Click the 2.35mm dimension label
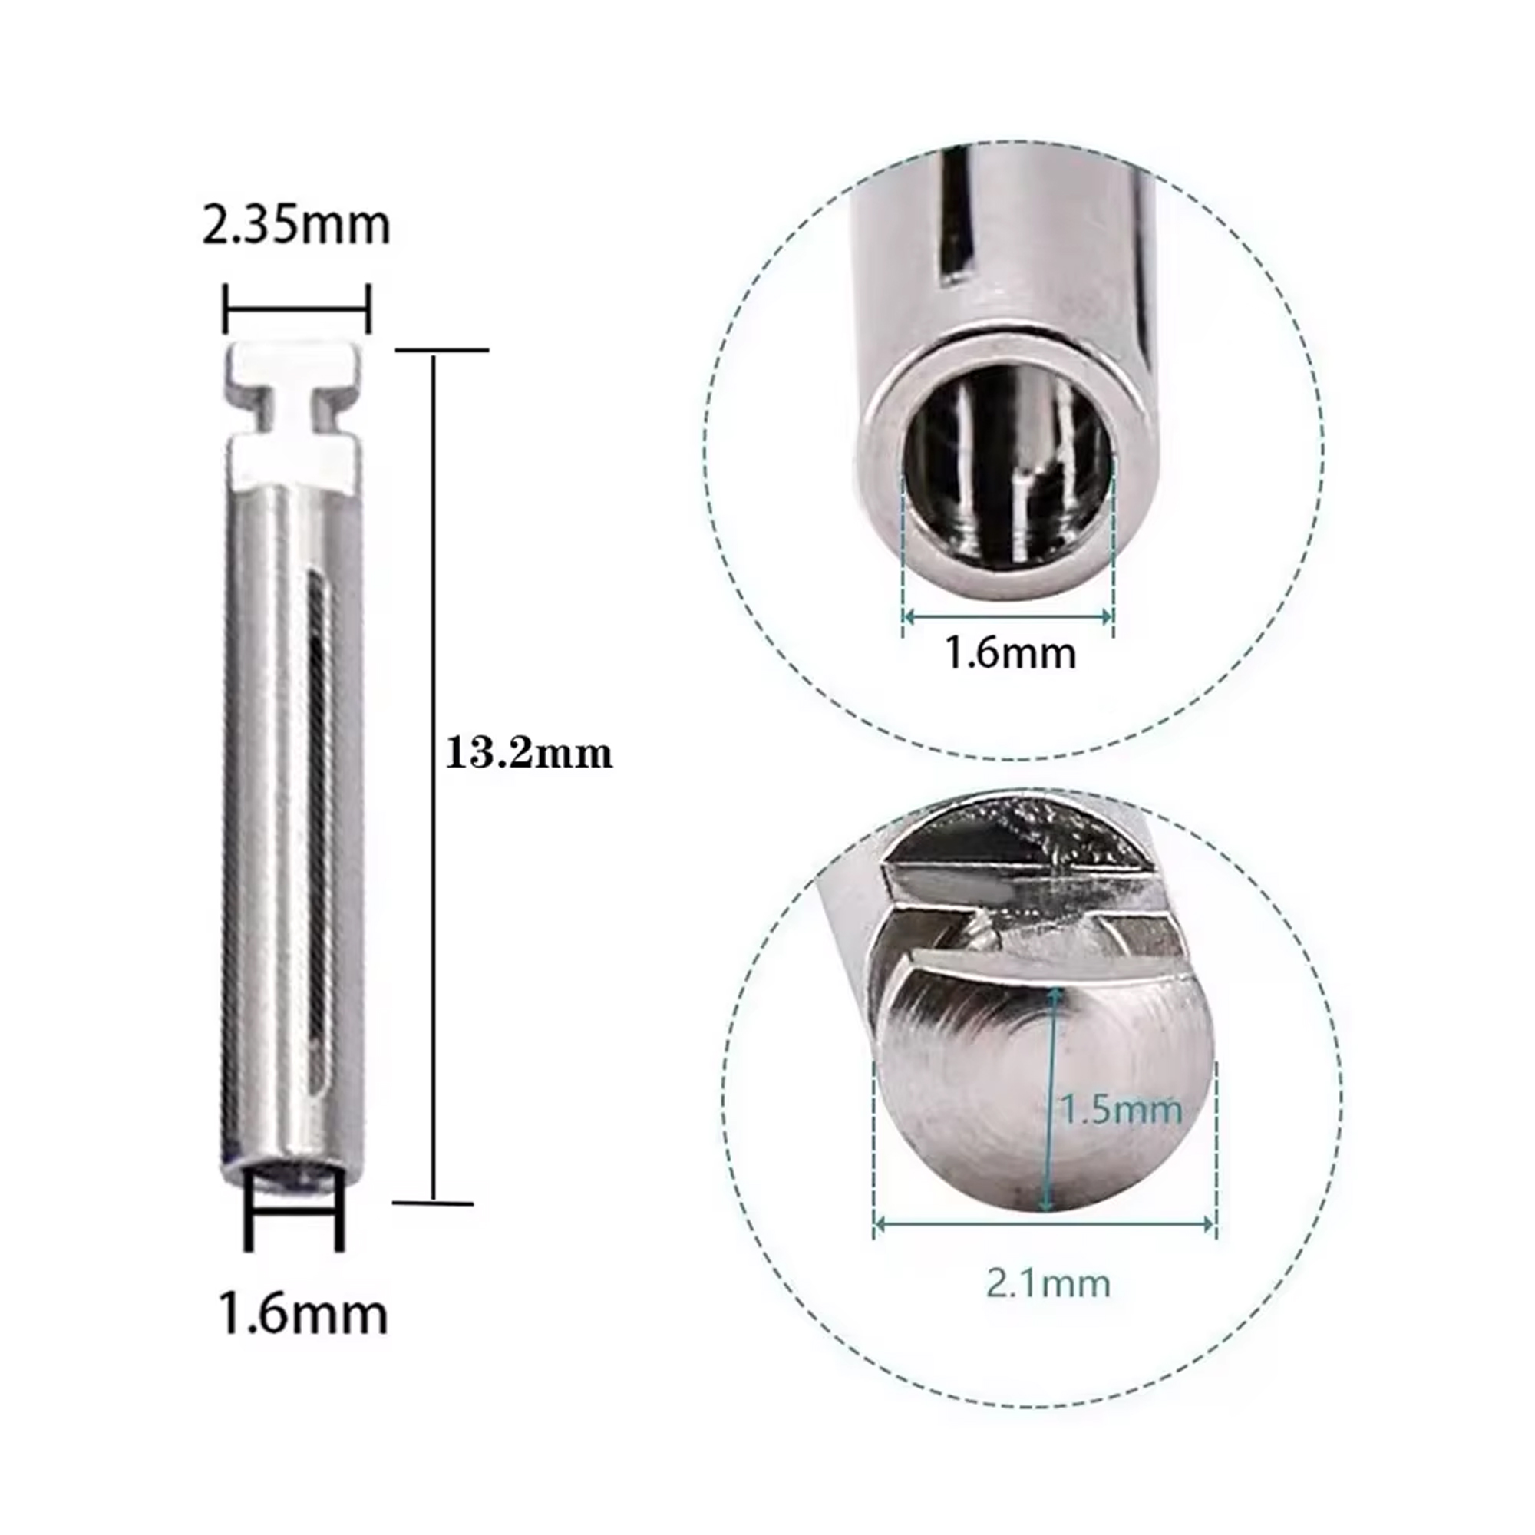(x=296, y=226)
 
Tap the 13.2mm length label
(x=529, y=752)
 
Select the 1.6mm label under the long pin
(x=302, y=1314)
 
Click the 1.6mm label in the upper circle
(x=1010, y=653)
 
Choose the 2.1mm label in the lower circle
(x=1048, y=1283)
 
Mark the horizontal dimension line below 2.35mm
(x=297, y=309)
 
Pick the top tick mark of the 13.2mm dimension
(x=442, y=349)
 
